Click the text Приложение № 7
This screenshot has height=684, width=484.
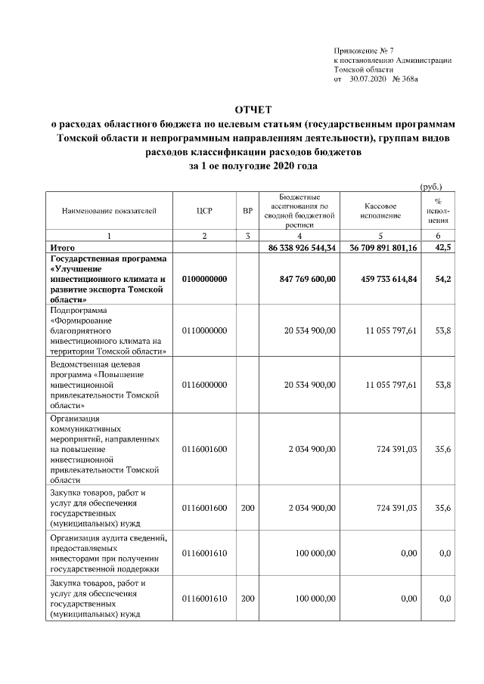point(362,50)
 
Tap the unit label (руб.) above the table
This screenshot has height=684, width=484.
point(431,186)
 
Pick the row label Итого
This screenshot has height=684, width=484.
point(62,247)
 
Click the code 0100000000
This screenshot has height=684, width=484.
point(204,279)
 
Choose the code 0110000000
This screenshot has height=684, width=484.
point(204,331)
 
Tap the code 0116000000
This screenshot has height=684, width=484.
point(204,385)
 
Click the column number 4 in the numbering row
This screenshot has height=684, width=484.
point(300,236)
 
